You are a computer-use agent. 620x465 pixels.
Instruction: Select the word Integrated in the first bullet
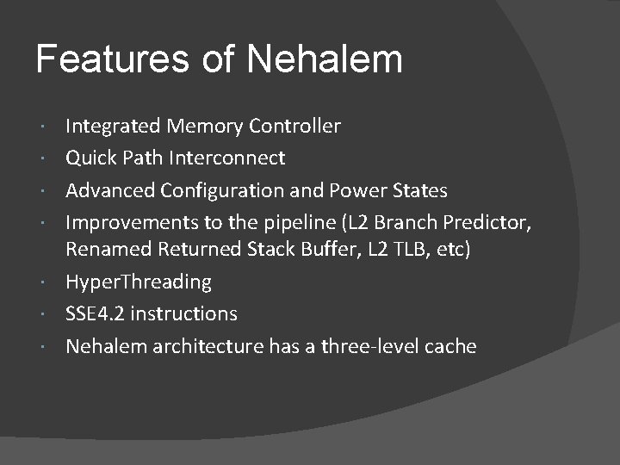click(113, 127)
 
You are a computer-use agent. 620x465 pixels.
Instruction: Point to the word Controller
click(294, 127)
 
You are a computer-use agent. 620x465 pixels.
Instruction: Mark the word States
click(421, 189)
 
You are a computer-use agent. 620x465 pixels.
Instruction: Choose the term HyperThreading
click(139, 282)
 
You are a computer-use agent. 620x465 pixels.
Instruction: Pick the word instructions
click(184, 313)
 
